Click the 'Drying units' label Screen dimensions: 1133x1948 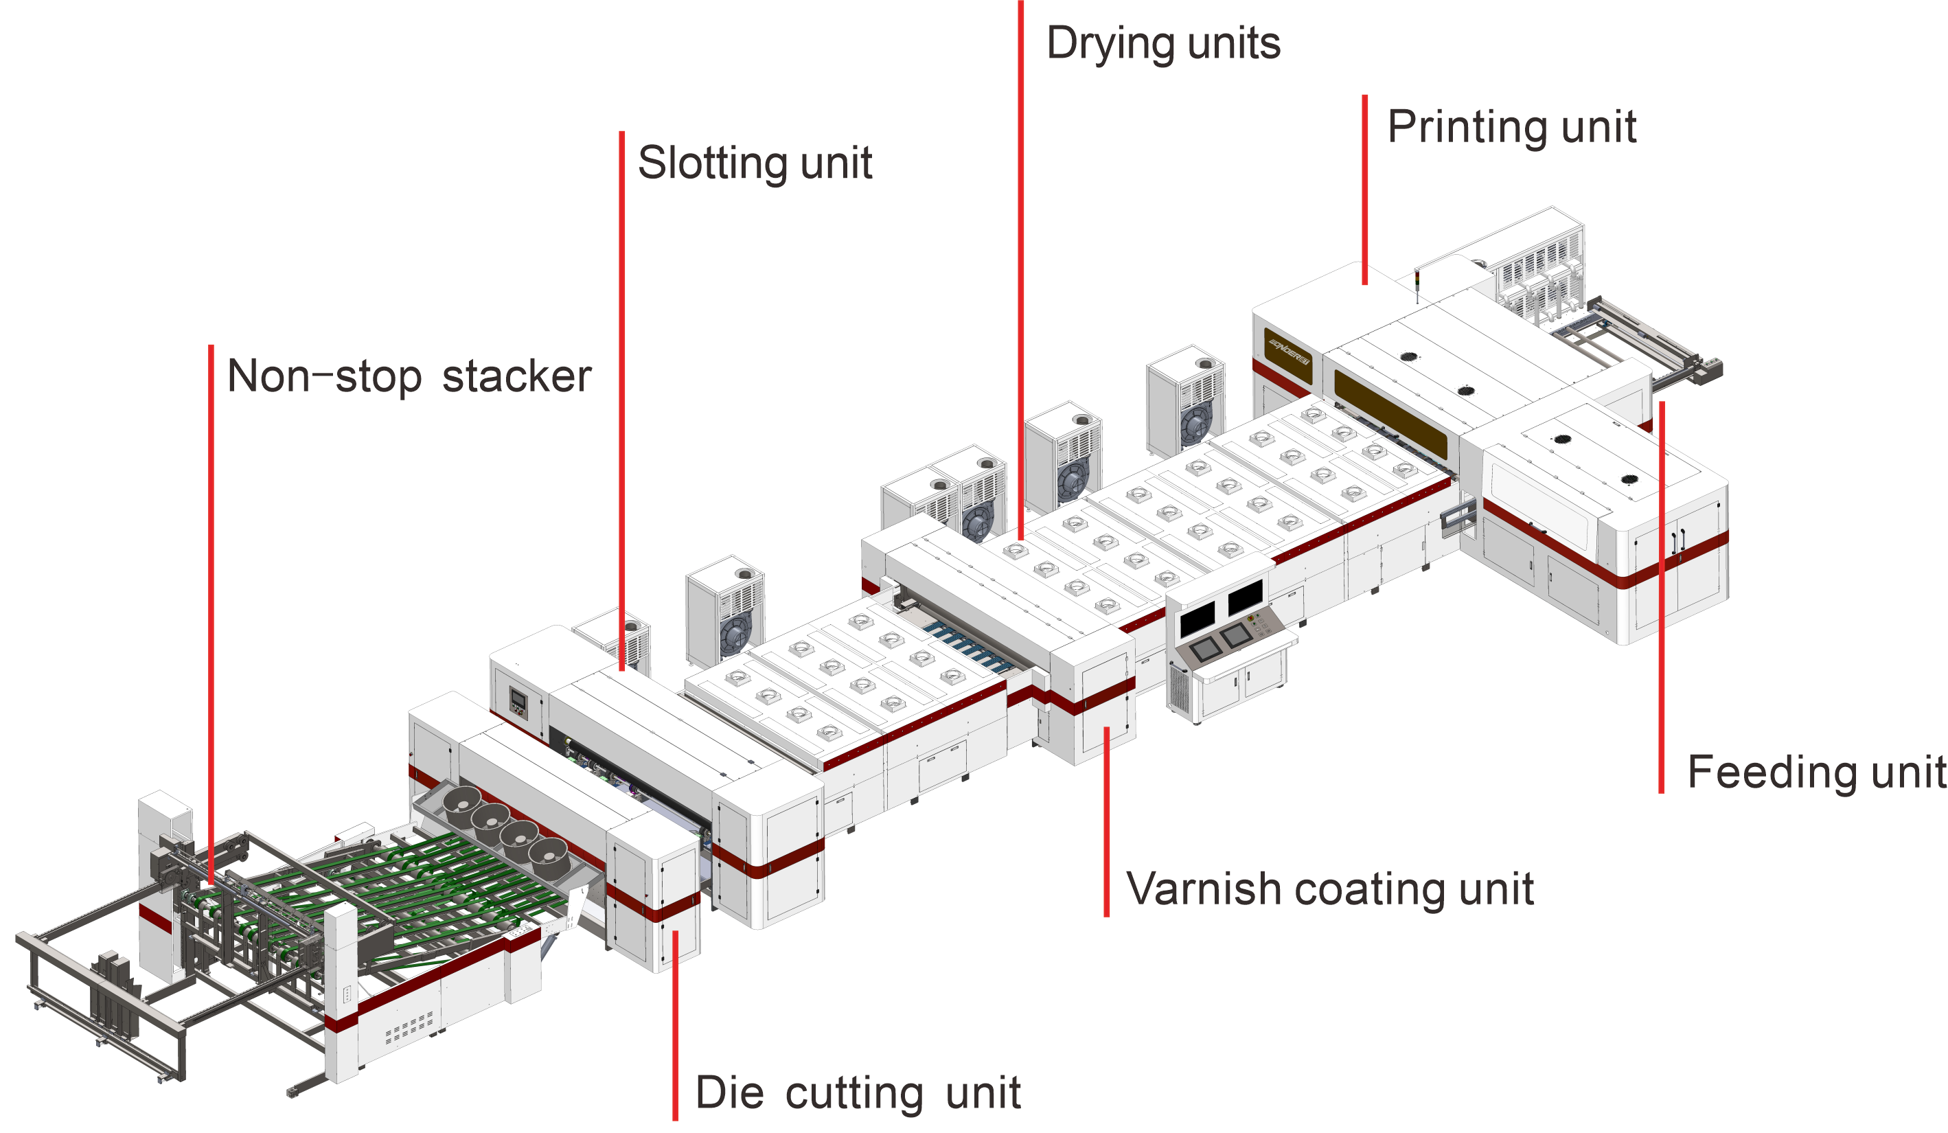[x=1162, y=43]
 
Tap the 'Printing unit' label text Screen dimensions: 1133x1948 [x=1511, y=127]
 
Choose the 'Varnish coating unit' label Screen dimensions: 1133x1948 [x=1329, y=889]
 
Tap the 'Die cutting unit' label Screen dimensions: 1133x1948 [x=858, y=1092]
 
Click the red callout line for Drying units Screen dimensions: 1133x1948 [x=1020, y=232]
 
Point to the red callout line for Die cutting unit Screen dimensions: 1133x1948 [x=675, y=1028]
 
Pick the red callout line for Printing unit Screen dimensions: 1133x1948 [x=1364, y=190]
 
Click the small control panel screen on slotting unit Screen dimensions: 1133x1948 [x=518, y=702]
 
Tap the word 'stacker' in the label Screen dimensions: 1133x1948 [x=516, y=376]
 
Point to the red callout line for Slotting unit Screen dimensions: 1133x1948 [x=621, y=387]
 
